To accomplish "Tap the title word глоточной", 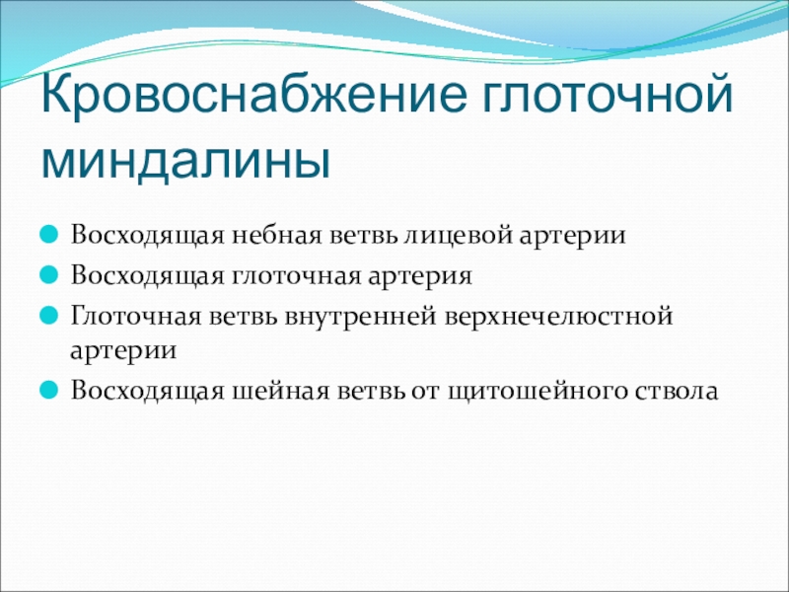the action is click(608, 94).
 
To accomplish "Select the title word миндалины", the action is click(186, 160).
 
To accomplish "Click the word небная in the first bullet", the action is click(276, 235).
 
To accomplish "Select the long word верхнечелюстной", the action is click(559, 317).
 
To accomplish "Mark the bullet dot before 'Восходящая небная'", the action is click(48, 235).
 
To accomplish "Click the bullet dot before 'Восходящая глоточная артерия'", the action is click(48, 275).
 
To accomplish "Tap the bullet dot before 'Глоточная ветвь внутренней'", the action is click(48, 316).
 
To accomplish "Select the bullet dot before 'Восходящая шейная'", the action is click(48, 390).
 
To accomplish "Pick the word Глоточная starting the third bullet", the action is click(136, 317).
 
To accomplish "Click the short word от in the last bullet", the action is click(425, 392).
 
